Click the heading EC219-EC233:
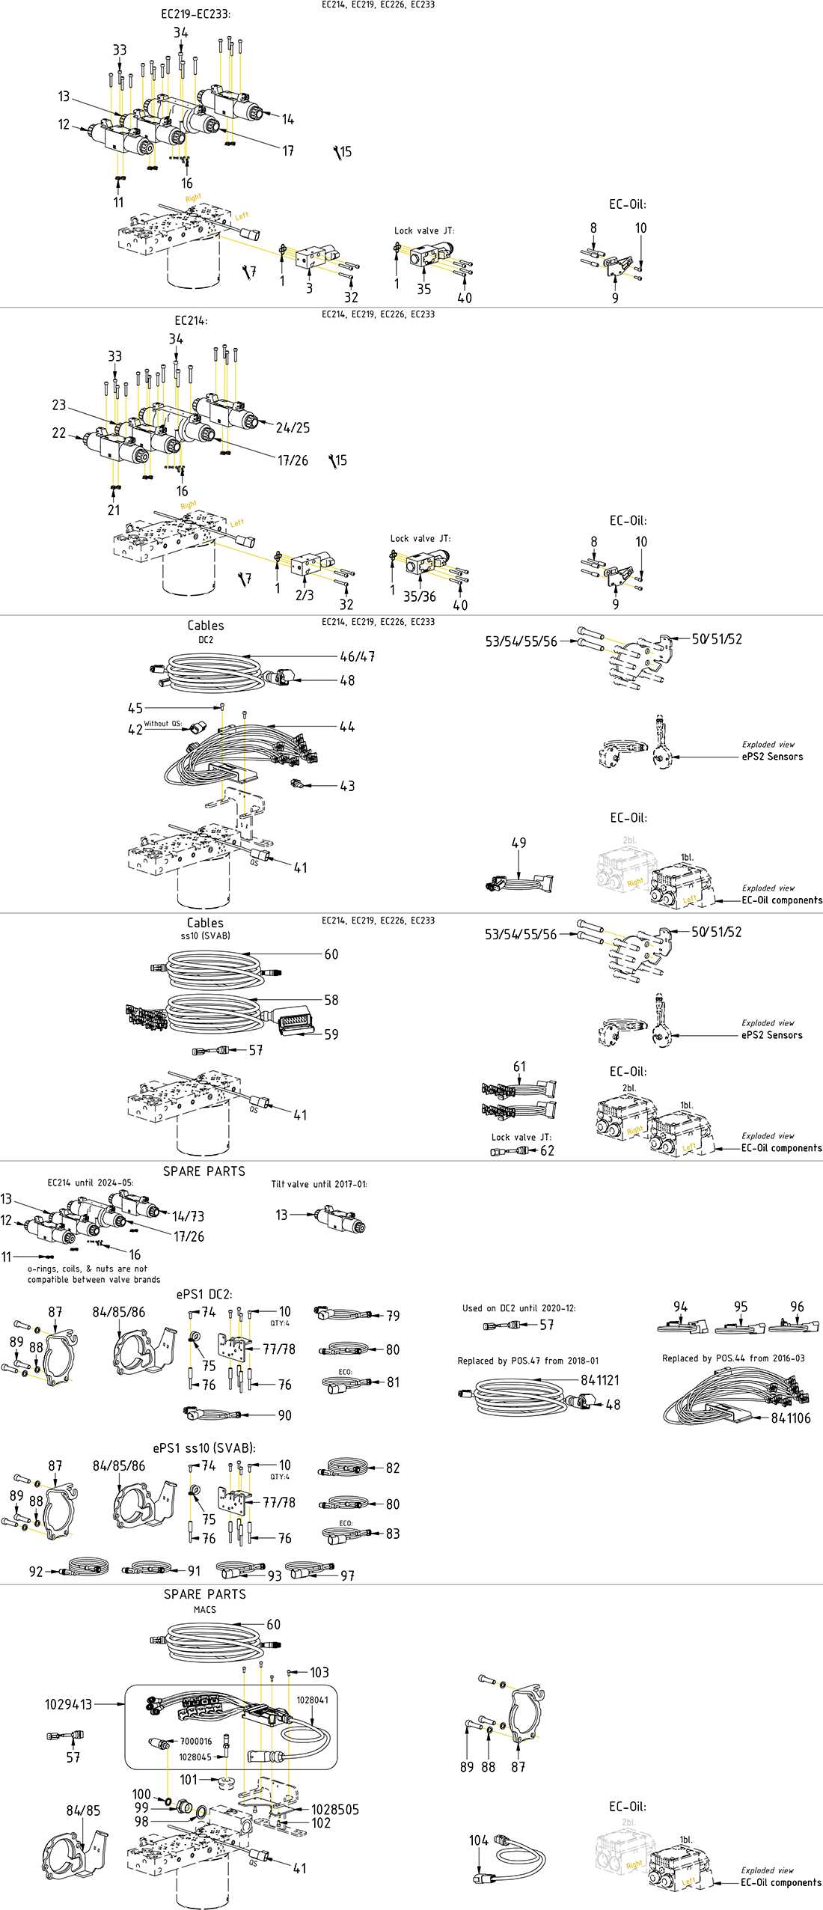click(195, 13)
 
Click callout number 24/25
click(293, 427)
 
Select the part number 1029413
click(68, 1704)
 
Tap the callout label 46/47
click(357, 656)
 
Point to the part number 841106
click(790, 1418)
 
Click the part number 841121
click(599, 1380)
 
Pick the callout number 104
click(479, 1840)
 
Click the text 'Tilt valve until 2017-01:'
click(319, 1184)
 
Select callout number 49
click(518, 843)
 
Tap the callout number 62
click(547, 1151)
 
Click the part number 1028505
click(334, 1810)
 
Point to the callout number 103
click(319, 1673)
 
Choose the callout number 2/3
click(305, 595)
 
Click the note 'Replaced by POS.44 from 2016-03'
click(733, 1358)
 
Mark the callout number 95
click(740, 1306)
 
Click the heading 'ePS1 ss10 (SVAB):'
click(204, 1448)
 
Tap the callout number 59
click(331, 1034)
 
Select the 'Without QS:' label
click(163, 724)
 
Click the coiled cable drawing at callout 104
click(516, 1858)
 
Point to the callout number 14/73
click(188, 1216)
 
